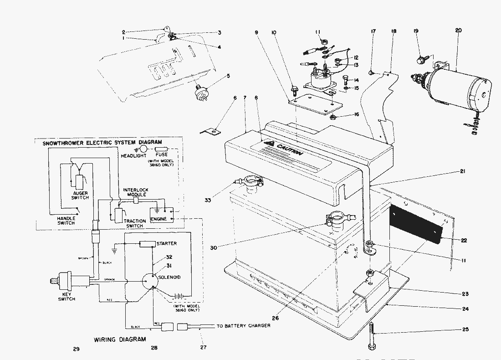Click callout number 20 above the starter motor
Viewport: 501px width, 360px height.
(x=458, y=31)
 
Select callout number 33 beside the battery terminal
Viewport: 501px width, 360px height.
(x=209, y=200)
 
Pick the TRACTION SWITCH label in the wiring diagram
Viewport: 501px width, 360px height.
(x=135, y=223)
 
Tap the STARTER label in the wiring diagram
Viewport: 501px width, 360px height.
(x=166, y=243)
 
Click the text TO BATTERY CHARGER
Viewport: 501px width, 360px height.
(x=243, y=325)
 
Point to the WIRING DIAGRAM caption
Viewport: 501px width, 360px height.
(x=120, y=339)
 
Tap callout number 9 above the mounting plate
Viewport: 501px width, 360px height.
(x=256, y=33)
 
